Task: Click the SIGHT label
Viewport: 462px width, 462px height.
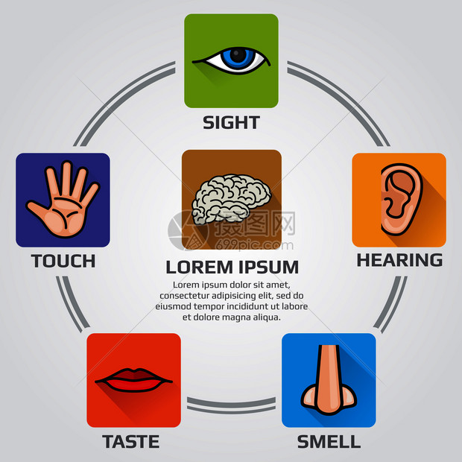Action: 231,122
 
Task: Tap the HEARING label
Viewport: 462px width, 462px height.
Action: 399,260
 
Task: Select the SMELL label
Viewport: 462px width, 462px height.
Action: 329,442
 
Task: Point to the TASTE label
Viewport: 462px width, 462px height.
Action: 131,442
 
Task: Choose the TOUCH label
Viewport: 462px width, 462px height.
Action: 63,261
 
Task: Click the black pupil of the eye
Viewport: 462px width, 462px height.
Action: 238,55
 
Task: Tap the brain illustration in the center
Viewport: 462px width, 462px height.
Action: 231,199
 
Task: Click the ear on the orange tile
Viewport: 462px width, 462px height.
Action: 402,199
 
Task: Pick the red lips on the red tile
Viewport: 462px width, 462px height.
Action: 133,380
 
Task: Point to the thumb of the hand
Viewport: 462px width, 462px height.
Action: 38,211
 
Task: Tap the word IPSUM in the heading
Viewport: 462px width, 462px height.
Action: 269,268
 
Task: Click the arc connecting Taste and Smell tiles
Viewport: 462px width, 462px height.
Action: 231,406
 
